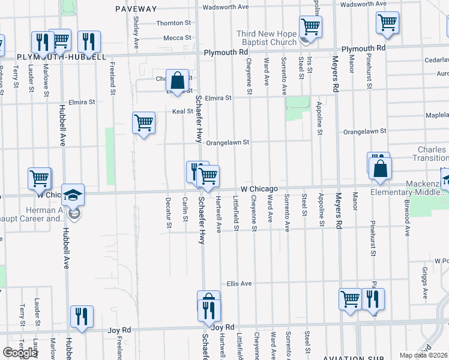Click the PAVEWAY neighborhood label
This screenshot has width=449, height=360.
[x=136, y=9]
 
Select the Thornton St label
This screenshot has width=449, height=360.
[x=173, y=23]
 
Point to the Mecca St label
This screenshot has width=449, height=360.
[x=178, y=38]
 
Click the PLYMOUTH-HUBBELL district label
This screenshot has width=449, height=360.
[x=61, y=57]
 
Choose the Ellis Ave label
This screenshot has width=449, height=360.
[x=238, y=283]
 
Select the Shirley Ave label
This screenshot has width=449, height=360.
[x=136, y=34]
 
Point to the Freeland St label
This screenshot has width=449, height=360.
[x=112, y=78]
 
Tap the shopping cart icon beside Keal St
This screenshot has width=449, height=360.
[x=143, y=123]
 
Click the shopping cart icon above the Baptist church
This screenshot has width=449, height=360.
[x=310, y=26]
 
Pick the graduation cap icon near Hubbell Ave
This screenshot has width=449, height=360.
[x=73, y=196]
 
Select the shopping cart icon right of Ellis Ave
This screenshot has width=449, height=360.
[x=350, y=298]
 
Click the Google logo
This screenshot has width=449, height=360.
[x=20, y=353]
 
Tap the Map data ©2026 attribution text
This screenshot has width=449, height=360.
[x=424, y=355]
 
